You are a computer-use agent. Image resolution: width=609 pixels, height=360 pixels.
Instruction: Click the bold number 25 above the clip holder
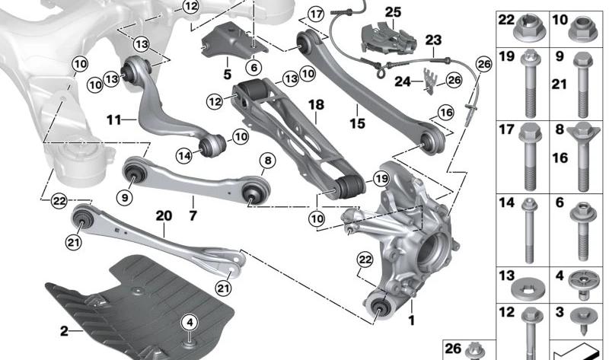393,12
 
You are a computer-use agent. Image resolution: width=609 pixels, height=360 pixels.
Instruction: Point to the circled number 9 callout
125,198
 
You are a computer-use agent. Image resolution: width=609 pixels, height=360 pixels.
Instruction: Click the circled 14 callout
184,156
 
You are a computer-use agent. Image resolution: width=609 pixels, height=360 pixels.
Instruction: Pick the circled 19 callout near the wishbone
381,179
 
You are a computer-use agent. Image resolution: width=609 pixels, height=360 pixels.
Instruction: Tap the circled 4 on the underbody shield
190,323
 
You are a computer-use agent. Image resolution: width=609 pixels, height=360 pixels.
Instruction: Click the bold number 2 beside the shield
64,331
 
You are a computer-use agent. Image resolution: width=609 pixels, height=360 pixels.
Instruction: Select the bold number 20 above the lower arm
164,216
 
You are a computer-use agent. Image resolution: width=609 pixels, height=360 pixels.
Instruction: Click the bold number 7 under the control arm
193,215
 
